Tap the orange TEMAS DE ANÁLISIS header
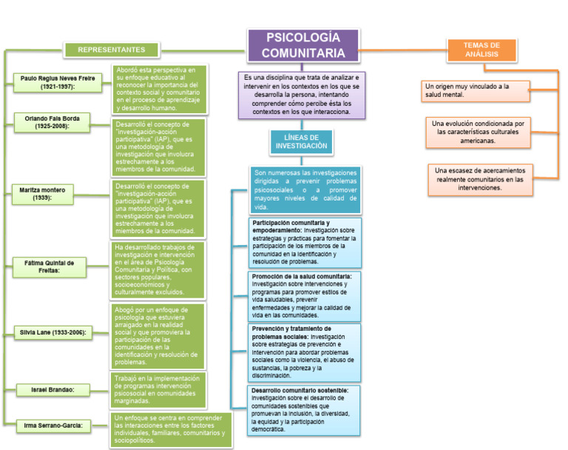(481, 50)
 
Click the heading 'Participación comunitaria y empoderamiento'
(291, 226)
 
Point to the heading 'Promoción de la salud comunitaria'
(301, 276)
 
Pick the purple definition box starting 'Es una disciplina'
(300, 95)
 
